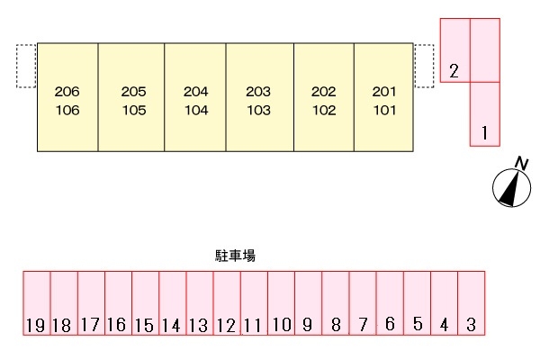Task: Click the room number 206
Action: click(67, 92)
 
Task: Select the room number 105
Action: click(134, 110)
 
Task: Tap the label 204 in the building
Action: click(196, 92)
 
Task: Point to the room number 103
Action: click(258, 110)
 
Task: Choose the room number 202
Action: click(324, 92)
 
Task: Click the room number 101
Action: click(384, 110)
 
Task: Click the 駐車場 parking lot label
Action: click(235, 256)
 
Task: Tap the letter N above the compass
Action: click(521, 163)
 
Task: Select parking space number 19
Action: click(37, 303)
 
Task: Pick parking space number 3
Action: click(472, 303)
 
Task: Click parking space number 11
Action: click(254, 303)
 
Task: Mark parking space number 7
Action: click(363, 303)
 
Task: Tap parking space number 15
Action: click(145, 303)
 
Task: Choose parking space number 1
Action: click(485, 114)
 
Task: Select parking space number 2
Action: click(454, 50)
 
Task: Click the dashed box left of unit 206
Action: click(26, 66)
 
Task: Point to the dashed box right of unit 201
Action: click(424, 66)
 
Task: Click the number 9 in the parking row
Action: click(307, 325)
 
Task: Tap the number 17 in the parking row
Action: click(90, 325)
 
